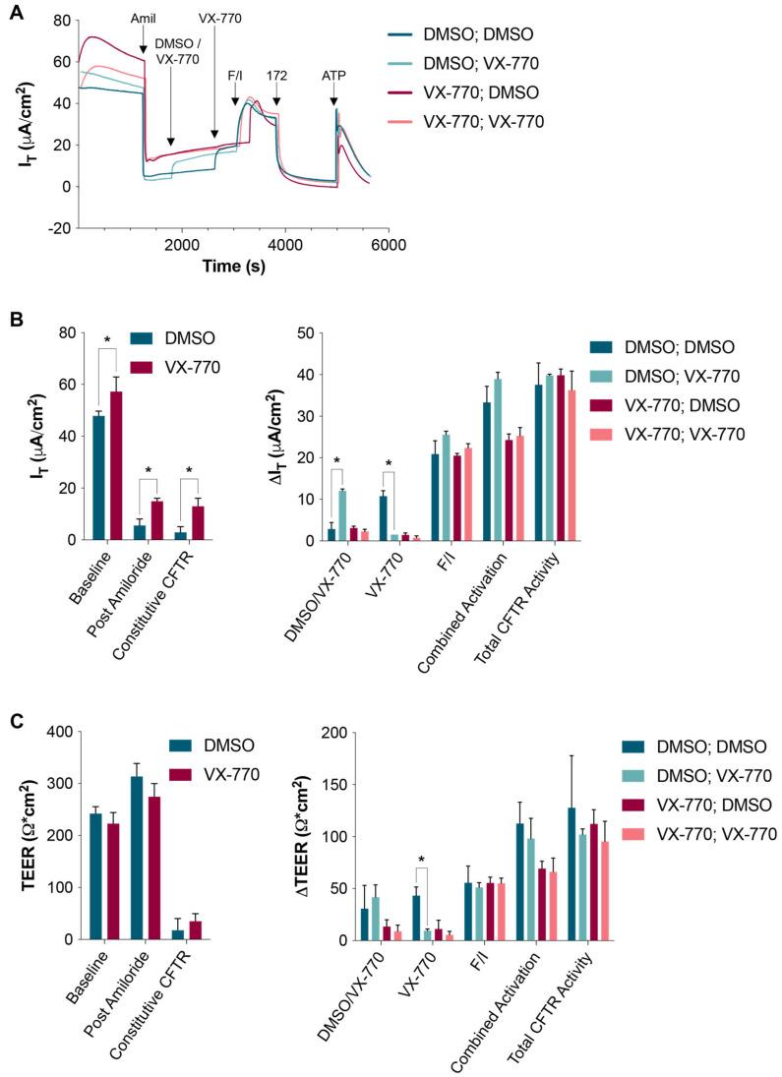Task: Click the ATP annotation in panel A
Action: (x=334, y=74)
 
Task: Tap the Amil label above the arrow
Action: (x=143, y=19)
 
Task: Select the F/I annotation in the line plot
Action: (x=235, y=74)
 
